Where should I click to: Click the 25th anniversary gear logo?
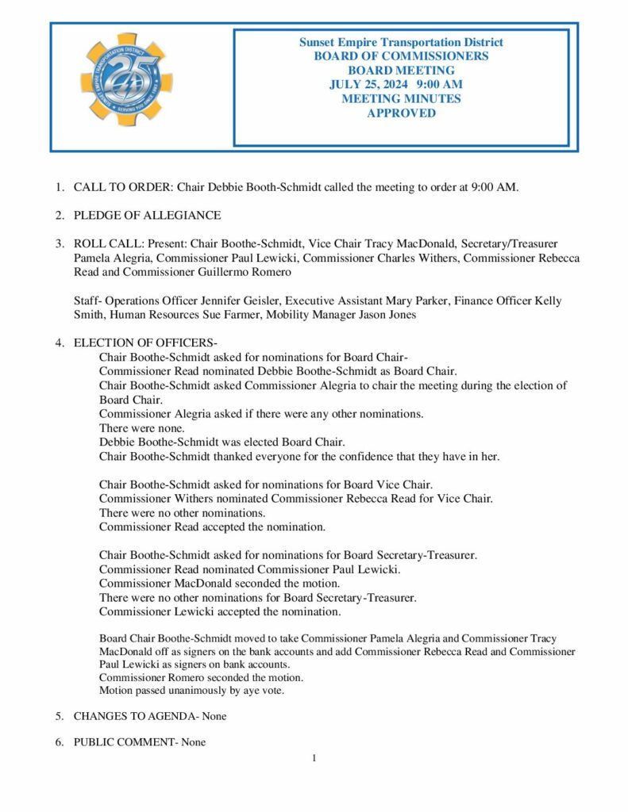coord(126,79)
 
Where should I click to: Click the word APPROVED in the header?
coord(401,113)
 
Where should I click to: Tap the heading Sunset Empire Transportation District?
coord(401,42)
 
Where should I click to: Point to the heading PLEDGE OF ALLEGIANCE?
coord(147,216)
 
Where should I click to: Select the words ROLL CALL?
coord(105,243)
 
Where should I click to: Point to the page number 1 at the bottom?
coord(314,758)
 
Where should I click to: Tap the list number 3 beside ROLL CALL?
coord(59,243)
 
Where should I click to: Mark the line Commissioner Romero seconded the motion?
coord(201,677)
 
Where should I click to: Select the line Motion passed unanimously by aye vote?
coord(191,690)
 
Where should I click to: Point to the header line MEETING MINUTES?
coord(401,99)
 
